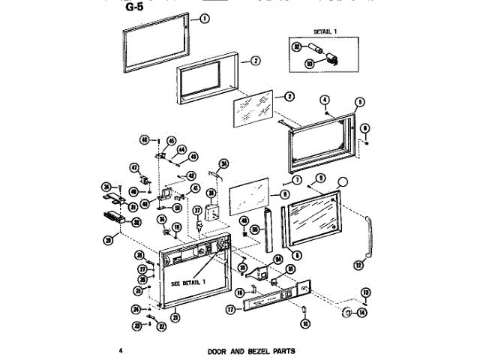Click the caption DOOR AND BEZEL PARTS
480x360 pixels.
pyautogui.click(x=250, y=350)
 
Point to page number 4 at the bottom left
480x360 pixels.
pyautogui.click(x=120, y=350)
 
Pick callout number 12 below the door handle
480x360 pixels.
pyautogui.click(x=358, y=264)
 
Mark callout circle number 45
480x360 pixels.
pyautogui.click(x=170, y=141)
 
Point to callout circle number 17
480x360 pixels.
pyautogui.click(x=230, y=308)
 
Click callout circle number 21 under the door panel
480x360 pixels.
pyautogui.click(x=175, y=317)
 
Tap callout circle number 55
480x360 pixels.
pyautogui.click(x=255, y=229)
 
